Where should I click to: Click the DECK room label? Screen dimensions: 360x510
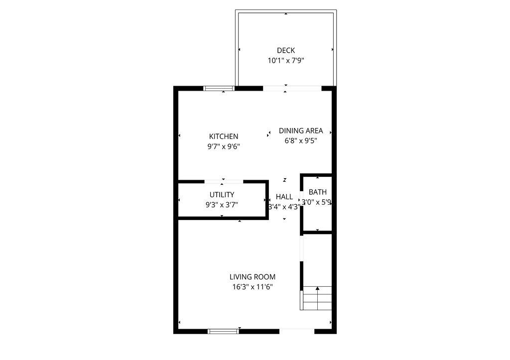pos(286,50)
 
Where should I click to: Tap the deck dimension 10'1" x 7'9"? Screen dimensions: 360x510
pos(286,61)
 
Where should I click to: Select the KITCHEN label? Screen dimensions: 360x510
pos(224,136)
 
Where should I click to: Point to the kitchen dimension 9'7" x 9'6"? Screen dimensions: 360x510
pos(224,147)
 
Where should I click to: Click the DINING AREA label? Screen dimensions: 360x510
pos(301,131)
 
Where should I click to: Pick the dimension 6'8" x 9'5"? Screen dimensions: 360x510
pos(301,141)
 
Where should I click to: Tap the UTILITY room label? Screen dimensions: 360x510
pos(222,195)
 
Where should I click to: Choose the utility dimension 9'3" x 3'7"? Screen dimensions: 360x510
pos(222,205)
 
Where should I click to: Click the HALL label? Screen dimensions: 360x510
pos(284,197)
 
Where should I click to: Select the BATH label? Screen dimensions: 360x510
pos(317,192)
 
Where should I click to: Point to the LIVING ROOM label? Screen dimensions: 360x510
pos(253,277)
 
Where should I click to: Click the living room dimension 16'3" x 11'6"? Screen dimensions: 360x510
pos(253,287)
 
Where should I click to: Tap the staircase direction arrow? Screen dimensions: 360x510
pos(317,288)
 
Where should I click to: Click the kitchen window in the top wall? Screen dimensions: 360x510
pos(219,89)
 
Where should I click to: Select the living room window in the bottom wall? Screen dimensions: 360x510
pos(224,331)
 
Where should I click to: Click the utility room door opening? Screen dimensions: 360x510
pos(224,182)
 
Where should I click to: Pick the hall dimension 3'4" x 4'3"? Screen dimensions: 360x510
pos(284,207)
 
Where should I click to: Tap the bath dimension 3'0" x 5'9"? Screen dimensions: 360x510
pos(317,203)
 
